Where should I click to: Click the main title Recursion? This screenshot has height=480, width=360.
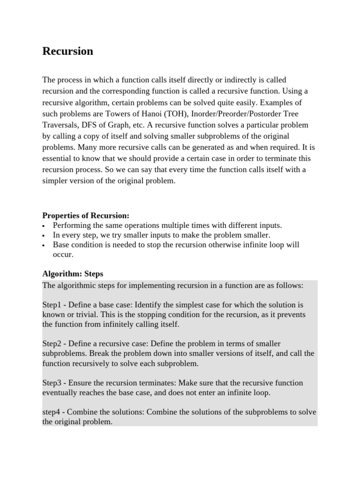tap(67, 51)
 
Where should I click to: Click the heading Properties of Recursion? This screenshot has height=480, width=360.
tap(86, 215)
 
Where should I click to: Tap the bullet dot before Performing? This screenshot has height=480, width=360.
tap(44, 226)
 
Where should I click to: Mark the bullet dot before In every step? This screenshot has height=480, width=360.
tap(44, 235)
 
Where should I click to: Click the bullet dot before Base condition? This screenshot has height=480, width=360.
tap(44, 245)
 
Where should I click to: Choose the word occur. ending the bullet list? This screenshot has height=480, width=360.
tap(63, 254)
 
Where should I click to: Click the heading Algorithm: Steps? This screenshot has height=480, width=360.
tap(73, 273)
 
